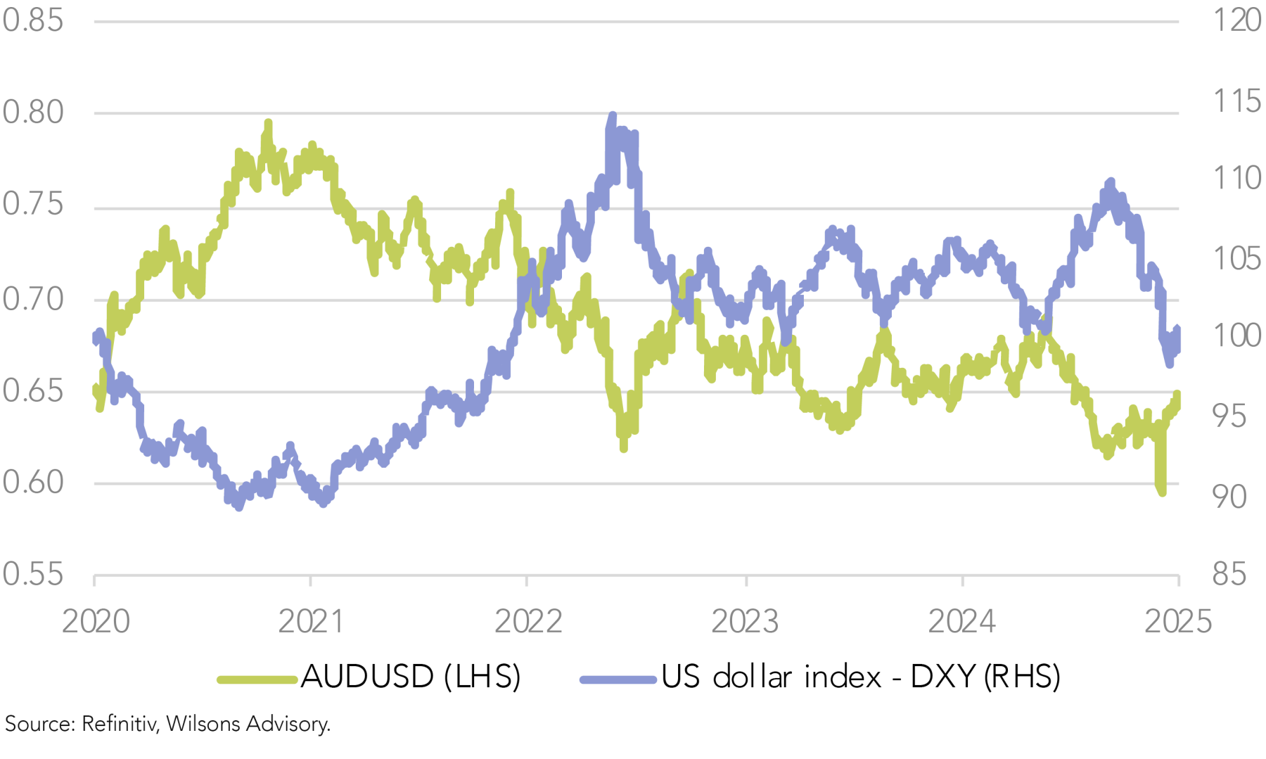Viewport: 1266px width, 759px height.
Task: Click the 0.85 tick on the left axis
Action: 32,20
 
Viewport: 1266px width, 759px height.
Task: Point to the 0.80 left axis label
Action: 32,112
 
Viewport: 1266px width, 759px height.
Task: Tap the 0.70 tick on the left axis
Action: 32,300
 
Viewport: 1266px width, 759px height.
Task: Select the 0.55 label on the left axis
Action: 32,575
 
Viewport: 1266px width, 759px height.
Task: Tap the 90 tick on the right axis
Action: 1229,497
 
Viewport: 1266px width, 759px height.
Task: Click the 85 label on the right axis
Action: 1229,575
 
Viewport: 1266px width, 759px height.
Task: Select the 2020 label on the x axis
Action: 96,622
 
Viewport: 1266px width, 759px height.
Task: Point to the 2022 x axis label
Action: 528,622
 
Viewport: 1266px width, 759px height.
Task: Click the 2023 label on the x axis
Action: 745,622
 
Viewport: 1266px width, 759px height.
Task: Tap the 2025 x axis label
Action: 1178,622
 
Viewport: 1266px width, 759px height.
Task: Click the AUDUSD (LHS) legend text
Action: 411,677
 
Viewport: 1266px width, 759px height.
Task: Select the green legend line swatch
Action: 257,680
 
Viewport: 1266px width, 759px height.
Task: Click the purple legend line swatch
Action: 618,680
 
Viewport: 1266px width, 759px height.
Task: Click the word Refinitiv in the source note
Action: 118,724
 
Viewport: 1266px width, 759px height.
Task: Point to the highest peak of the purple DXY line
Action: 613,115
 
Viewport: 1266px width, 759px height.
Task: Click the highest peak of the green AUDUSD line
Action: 268,123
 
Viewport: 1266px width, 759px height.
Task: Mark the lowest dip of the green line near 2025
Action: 1161,492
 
